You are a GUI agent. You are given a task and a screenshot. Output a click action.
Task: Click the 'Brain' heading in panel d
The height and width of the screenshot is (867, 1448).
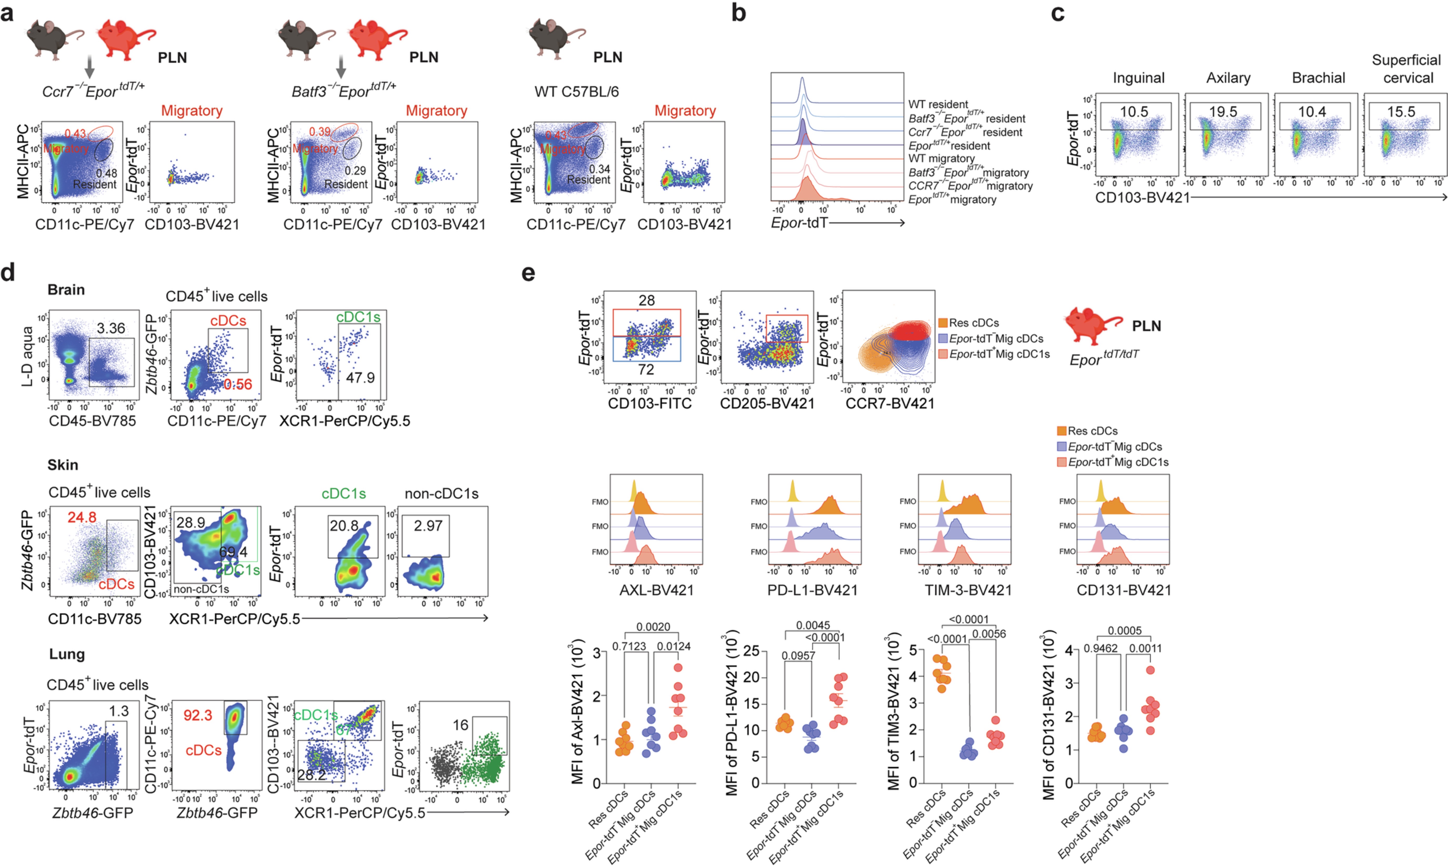tap(66, 290)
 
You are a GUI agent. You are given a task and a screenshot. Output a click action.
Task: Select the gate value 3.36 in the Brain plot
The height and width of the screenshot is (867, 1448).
tap(111, 328)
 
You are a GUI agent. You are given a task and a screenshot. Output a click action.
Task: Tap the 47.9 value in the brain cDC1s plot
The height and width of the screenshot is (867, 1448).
tap(360, 378)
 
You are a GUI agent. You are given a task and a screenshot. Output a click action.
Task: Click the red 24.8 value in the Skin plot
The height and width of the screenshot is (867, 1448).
tap(82, 517)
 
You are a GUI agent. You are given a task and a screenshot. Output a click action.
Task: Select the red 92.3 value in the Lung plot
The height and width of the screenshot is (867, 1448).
tap(197, 715)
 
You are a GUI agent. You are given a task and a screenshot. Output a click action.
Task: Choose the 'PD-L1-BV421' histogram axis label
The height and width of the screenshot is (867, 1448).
tap(812, 590)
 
